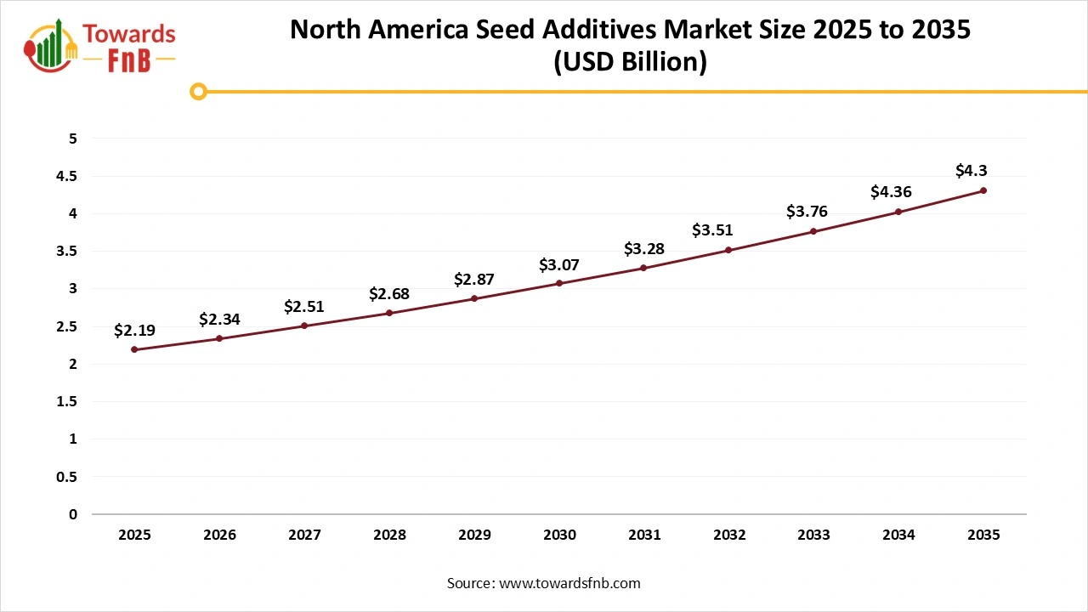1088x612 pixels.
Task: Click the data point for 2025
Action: tap(134, 349)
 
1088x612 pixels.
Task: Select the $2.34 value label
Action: tap(219, 320)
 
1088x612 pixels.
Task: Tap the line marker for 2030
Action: tap(559, 283)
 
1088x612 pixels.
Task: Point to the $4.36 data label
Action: tap(891, 192)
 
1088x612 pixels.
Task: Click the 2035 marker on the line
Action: tap(983, 190)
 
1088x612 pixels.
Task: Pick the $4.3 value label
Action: tap(971, 171)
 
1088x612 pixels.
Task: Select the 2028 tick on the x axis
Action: tap(389, 535)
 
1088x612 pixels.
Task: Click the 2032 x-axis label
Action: tap(729, 535)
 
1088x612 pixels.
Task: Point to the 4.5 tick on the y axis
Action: tap(65, 176)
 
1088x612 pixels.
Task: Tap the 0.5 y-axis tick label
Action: tap(65, 477)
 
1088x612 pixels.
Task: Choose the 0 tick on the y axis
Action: tap(73, 514)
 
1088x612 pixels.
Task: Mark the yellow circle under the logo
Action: tap(198, 91)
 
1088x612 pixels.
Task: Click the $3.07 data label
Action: tap(559, 265)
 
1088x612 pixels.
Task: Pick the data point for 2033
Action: tap(813, 231)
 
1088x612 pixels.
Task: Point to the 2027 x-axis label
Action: tap(304, 535)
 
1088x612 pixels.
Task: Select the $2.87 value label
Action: tap(474, 279)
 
